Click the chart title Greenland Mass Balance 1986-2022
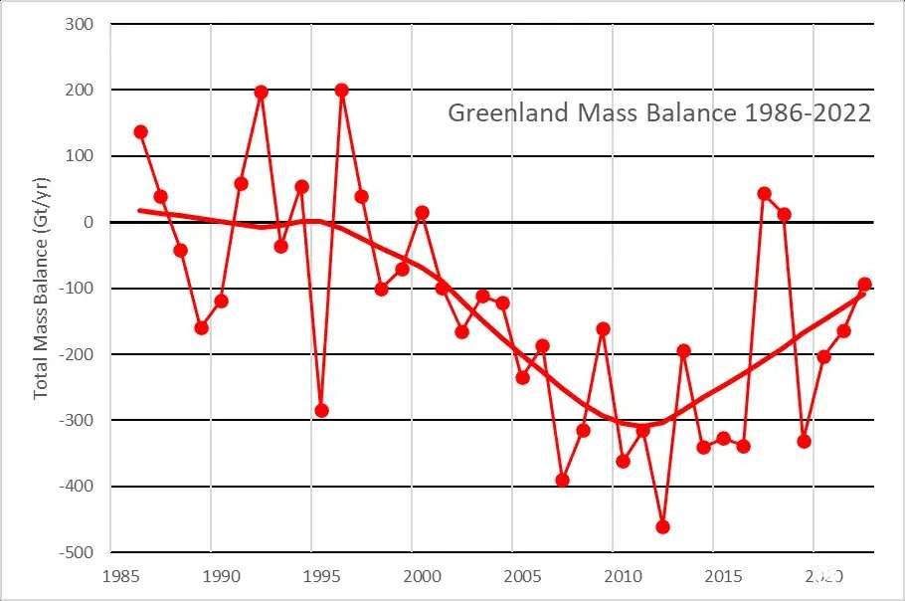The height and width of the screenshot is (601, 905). click(659, 112)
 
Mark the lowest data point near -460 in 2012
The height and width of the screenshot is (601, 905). click(663, 526)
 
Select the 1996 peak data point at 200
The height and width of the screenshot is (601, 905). click(342, 91)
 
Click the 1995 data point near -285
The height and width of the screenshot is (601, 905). click(321, 410)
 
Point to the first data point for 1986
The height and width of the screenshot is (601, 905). click(140, 132)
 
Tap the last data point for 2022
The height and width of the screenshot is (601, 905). click(864, 285)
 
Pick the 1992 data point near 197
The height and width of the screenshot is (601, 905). click(262, 93)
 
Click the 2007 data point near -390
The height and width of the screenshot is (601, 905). click(563, 480)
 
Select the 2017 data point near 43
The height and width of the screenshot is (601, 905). click(764, 193)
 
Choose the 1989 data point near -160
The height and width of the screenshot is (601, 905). click(201, 327)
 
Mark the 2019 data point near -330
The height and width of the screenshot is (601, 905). click(805, 441)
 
